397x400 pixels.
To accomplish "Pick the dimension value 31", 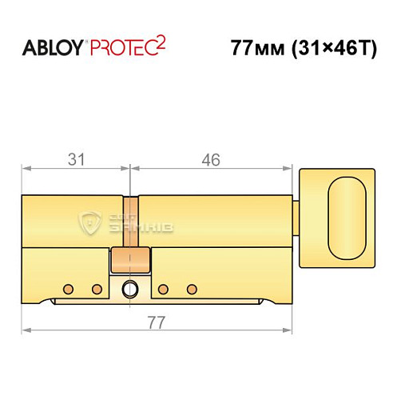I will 76,159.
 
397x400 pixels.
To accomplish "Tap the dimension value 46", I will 210,159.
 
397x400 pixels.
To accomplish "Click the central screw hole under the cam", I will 130,289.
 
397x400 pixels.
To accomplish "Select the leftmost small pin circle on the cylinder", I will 69,288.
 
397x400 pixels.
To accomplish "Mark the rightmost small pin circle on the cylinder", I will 191,288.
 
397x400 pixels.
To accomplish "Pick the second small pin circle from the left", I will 97,288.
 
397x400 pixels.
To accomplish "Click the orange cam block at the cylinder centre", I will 131,258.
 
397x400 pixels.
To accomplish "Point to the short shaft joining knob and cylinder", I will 296,214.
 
